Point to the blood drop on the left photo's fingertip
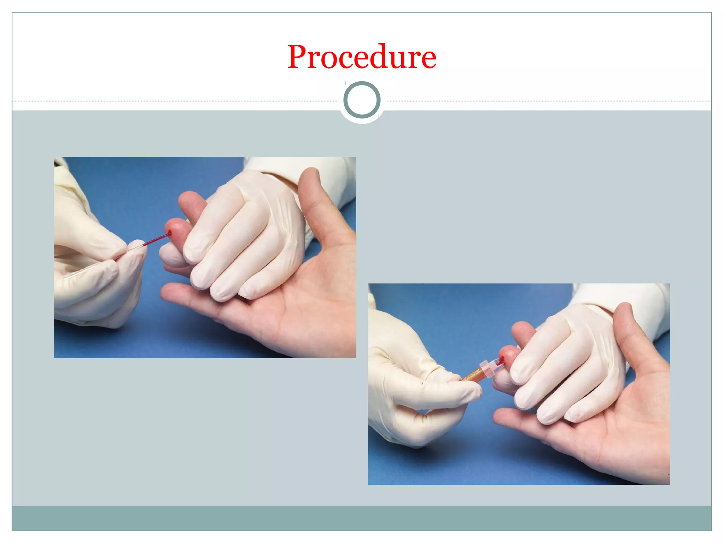pos(169,233)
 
